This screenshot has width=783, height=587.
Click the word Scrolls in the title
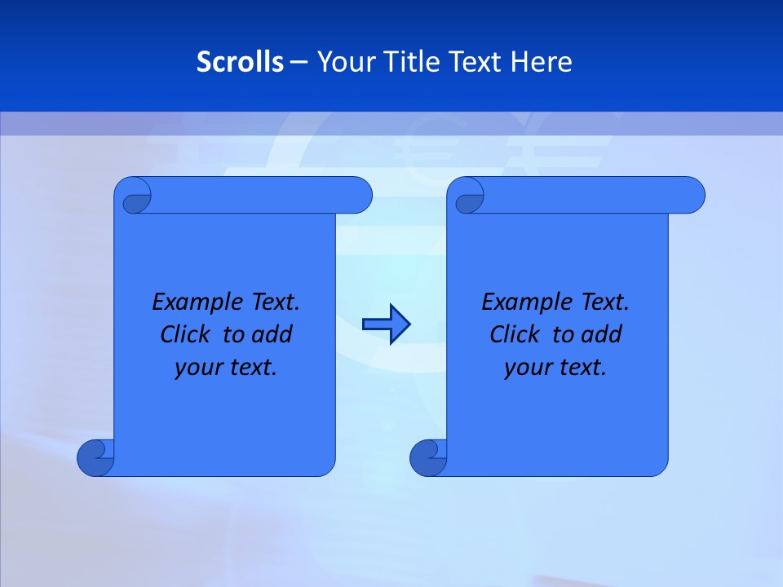tap(241, 62)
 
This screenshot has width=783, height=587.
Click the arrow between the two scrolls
tap(386, 324)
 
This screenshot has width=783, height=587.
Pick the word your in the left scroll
tap(197, 368)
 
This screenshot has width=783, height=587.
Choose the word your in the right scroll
tap(527, 368)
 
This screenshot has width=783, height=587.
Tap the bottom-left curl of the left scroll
tap(95, 457)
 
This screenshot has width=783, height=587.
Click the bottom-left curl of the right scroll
tap(427, 457)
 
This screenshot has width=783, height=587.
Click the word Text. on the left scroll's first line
tap(275, 302)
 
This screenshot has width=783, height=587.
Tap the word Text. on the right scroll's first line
tap(604, 302)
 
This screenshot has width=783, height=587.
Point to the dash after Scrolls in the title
tap(299, 62)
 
